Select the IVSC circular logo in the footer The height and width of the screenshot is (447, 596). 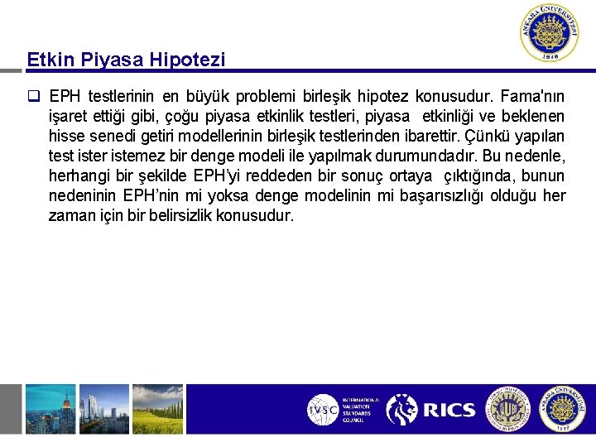coord(322,409)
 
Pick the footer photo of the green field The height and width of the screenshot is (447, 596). coord(157,409)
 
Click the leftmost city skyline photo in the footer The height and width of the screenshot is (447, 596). coord(50,409)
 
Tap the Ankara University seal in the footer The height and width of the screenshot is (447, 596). coord(562,409)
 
